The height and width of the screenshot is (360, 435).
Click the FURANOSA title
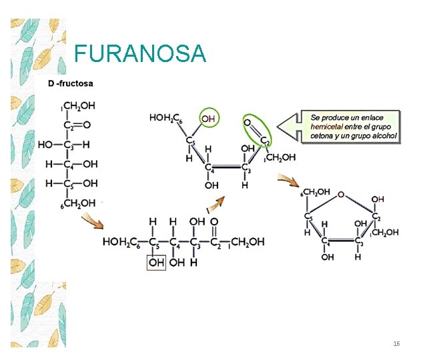(140, 53)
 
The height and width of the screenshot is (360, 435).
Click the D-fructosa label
(71, 83)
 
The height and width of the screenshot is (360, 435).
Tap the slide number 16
(396, 344)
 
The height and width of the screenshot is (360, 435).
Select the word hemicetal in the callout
(326, 127)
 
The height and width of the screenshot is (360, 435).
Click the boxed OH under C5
(156, 263)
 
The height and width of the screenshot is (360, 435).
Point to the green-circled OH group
(209, 119)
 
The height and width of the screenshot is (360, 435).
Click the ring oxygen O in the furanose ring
(341, 194)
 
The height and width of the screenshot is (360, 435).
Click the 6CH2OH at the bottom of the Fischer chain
(78, 203)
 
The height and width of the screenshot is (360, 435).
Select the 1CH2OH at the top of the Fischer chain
(78, 106)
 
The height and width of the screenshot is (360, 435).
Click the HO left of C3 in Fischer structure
(45, 145)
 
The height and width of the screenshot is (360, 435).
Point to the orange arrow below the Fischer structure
(93, 221)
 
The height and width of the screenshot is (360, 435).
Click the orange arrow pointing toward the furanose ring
(288, 181)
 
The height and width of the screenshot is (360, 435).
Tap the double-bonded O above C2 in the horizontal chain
(214, 222)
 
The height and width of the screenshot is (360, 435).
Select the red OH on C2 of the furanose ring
(378, 199)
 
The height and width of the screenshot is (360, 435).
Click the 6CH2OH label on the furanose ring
(315, 192)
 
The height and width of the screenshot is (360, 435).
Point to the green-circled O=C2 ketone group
(257, 131)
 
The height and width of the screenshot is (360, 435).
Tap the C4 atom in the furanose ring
(326, 241)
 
